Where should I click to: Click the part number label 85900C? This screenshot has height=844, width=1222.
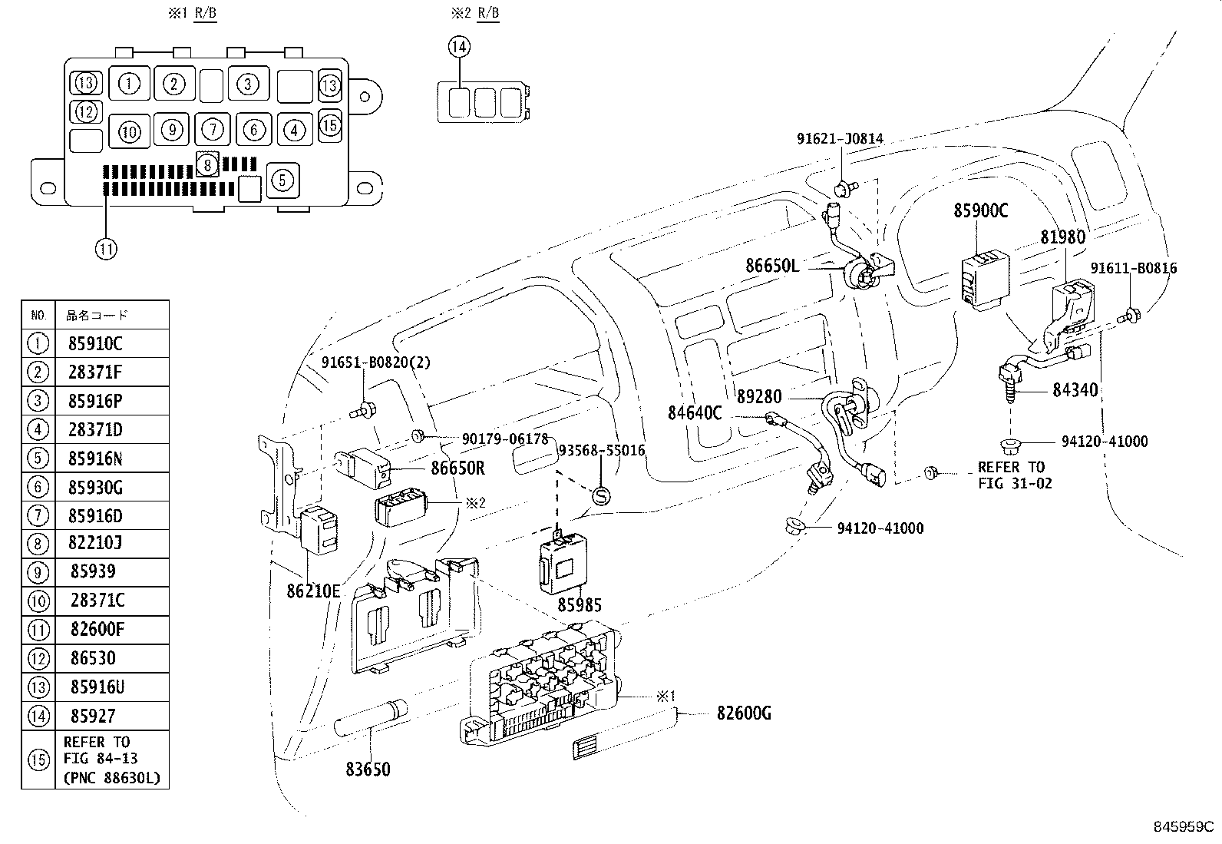(x=980, y=210)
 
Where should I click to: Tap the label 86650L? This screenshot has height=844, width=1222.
(x=772, y=266)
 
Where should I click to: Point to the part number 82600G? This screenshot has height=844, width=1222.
(x=744, y=713)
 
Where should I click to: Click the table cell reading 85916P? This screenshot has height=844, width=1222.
(x=96, y=401)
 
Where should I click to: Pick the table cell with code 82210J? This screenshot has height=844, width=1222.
(x=96, y=544)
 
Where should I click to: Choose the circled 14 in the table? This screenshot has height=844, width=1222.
(x=38, y=716)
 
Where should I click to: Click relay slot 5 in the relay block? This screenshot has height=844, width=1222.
(x=282, y=180)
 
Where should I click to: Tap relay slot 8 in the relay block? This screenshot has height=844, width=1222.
(x=206, y=163)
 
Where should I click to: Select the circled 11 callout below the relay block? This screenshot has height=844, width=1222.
(x=106, y=248)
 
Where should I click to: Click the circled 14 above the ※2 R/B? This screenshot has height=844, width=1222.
(x=458, y=47)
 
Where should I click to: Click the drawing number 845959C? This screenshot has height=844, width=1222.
(x=1182, y=827)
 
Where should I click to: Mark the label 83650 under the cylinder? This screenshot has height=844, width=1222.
(x=366, y=768)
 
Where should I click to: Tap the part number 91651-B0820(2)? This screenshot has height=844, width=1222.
(x=376, y=362)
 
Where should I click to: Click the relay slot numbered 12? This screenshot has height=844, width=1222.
(x=86, y=112)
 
